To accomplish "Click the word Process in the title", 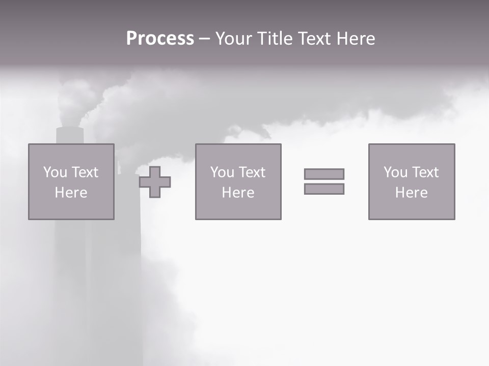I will [x=160, y=39].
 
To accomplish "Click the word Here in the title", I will [x=357, y=39].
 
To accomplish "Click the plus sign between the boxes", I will [x=155, y=182].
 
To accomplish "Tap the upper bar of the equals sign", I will [x=324, y=174].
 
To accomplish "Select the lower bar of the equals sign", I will [x=324, y=189].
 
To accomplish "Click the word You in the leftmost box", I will [x=55, y=172].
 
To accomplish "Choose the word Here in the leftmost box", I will [x=71, y=193].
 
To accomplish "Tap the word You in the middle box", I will [x=222, y=172].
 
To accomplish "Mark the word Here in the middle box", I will [x=238, y=193].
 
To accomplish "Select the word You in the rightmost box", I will [x=395, y=172].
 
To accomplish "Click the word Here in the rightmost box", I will [x=411, y=193].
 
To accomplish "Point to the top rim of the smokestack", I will [x=70, y=129].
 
